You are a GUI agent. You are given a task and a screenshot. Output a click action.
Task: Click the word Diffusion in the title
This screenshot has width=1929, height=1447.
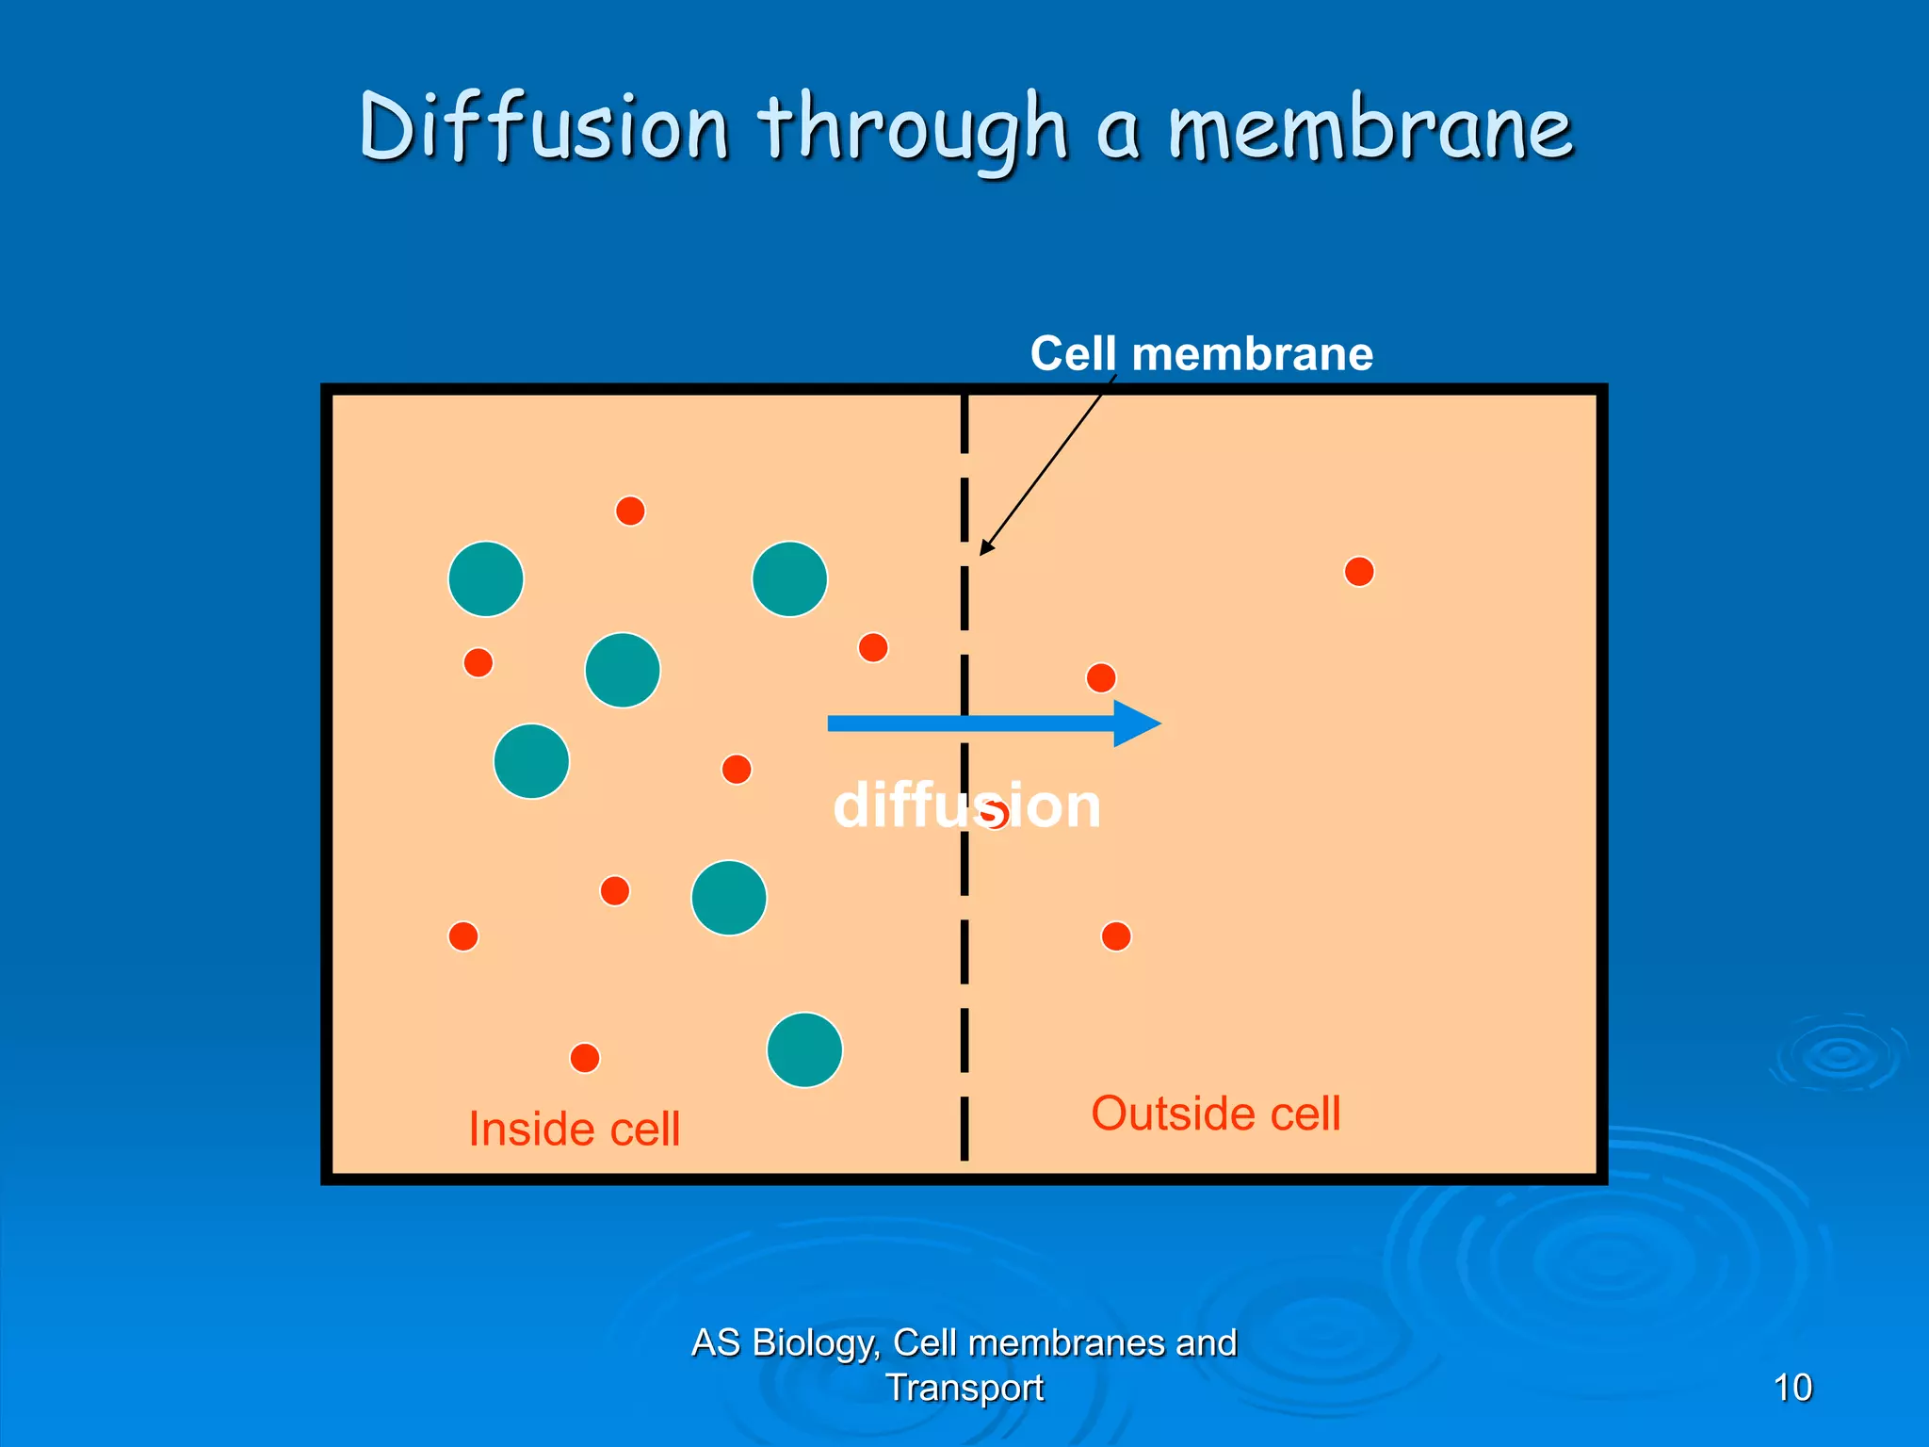[x=544, y=127]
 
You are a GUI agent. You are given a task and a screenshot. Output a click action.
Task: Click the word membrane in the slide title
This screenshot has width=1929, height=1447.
[x=1370, y=127]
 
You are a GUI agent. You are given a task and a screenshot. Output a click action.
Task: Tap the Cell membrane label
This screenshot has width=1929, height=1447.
[x=1201, y=354]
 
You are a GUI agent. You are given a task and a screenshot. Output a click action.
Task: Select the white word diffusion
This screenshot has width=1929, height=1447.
[x=966, y=806]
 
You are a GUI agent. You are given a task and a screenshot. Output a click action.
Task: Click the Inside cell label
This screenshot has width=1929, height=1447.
[x=574, y=1129]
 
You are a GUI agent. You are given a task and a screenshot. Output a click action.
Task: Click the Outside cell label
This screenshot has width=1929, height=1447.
[x=1215, y=1114]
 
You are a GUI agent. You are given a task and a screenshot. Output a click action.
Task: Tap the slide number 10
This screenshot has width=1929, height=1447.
[x=1791, y=1388]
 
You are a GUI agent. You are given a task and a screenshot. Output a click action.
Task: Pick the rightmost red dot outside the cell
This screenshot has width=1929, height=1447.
[x=1359, y=572]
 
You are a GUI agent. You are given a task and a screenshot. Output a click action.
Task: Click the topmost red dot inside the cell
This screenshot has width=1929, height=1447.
[x=630, y=511]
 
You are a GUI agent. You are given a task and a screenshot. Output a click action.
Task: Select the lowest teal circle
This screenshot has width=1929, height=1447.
[x=804, y=1049]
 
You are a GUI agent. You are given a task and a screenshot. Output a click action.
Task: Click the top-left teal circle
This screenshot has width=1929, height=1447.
[x=486, y=579]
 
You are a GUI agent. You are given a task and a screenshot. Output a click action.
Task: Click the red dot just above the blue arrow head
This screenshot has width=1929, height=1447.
[x=1101, y=677]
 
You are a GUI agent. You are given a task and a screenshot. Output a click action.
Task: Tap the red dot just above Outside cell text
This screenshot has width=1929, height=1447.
[x=1116, y=936]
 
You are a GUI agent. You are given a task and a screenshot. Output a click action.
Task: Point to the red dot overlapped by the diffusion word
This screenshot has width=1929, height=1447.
[x=997, y=813]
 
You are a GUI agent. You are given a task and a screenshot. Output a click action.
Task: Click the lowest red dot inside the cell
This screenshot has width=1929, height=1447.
[x=585, y=1058]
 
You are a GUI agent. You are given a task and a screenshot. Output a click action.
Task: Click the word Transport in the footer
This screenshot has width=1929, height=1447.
[x=964, y=1388]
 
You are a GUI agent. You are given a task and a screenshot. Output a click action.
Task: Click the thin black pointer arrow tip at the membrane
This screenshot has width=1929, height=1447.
[x=981, y=553]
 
